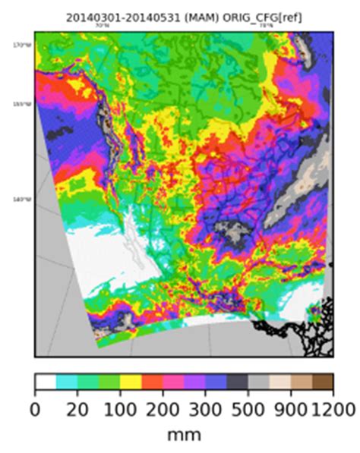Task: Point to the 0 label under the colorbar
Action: coord(35,410)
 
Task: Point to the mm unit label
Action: coord(184,436)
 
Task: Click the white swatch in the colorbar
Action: coord(46,382)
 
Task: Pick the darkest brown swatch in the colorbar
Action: coord(322,382)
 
